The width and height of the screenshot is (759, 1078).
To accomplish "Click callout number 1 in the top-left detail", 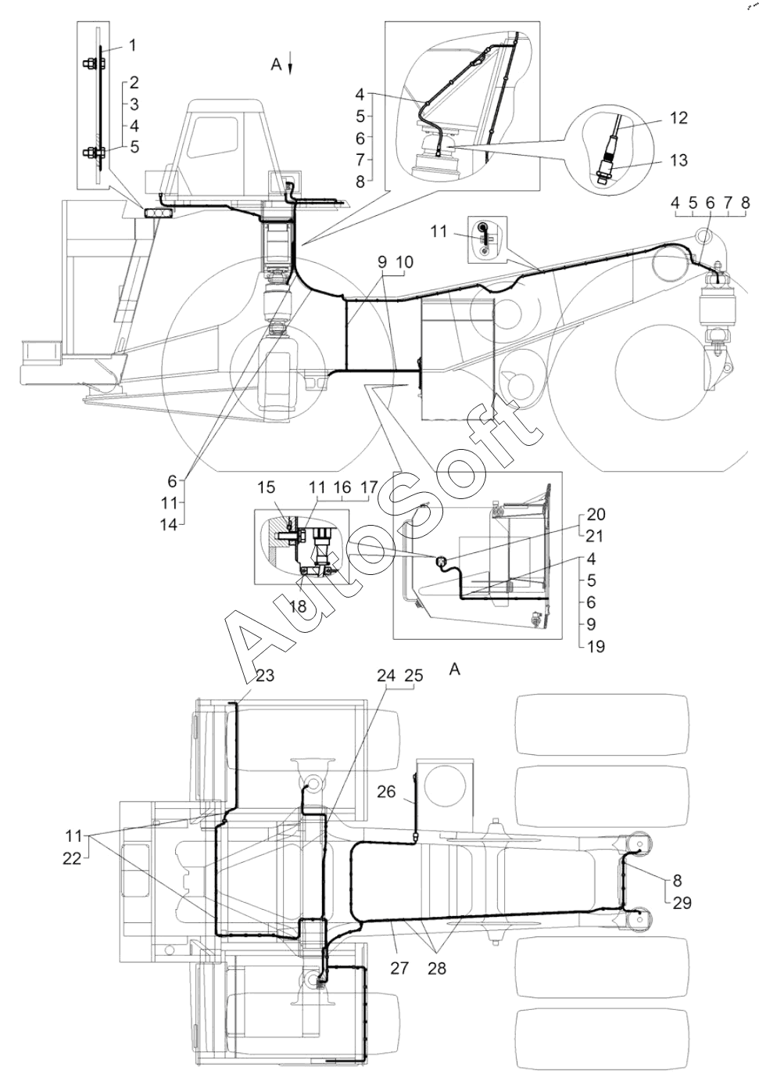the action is (x=131, y=45).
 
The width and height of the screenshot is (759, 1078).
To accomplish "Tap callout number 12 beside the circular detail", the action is (x=678, y=118).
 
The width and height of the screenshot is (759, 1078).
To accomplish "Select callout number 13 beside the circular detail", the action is (x=678, y=160).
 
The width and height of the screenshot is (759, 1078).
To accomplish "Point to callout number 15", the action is (x=266, y=487).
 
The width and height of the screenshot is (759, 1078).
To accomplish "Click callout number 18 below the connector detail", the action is (x=299, y=606).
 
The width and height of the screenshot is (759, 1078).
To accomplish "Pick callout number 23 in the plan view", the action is (x=264, y=676).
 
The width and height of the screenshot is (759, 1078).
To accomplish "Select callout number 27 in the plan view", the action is (x=399, y=968).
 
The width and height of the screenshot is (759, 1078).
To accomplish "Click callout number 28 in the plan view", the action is (x=437, y=968).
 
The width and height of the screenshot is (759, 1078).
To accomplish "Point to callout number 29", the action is (x=682, y=904).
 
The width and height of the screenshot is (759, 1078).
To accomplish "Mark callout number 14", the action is (x=169, y=525).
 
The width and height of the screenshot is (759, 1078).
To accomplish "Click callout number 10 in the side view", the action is (x=404, y=262).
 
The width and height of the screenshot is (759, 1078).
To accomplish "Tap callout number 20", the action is (x=596, y=515).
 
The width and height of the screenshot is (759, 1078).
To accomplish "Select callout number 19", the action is (x=596, y=646).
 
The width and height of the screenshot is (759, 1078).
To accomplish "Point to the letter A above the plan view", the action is (x=454, y=670).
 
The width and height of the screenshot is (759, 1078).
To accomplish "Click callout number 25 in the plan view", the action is (x=414, y=676).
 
